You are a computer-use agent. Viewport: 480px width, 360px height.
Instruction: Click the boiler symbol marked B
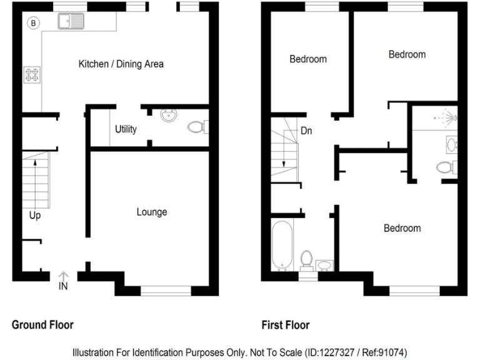pyautogui.click(x=34, y=23)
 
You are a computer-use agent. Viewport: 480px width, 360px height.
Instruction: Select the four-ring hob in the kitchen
pyautogui.click(x=31, y=75)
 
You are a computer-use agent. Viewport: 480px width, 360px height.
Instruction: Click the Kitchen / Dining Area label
pyautogui.click(x=121, y=64)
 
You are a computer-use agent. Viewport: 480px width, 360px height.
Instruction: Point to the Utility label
pyautogui.click(x=126, y=129)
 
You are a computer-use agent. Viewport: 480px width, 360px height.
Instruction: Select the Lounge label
pyautogui.click(x=152, y=212)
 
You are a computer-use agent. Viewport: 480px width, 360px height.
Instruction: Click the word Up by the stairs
pyautogui.click(x=35, y=216)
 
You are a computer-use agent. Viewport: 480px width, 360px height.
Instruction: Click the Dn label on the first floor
pyautogui.click(x=306, y=131)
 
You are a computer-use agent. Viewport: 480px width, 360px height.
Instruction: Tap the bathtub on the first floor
pyautogui.click(x=282, y=244)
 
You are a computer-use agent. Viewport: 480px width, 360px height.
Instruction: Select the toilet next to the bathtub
pyautogui.click(x=306, y=258)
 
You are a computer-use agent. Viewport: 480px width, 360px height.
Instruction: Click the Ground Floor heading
pyautogui.click(x=42, y=325)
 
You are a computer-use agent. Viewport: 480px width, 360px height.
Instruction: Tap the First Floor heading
pyautogui.click(x=286, y=325)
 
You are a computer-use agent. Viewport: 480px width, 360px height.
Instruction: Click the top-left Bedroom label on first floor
pyautogui.click(x=308, y=59)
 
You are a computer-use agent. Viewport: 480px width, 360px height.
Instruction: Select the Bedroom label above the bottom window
pyautogui.click(x=402, y=228)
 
